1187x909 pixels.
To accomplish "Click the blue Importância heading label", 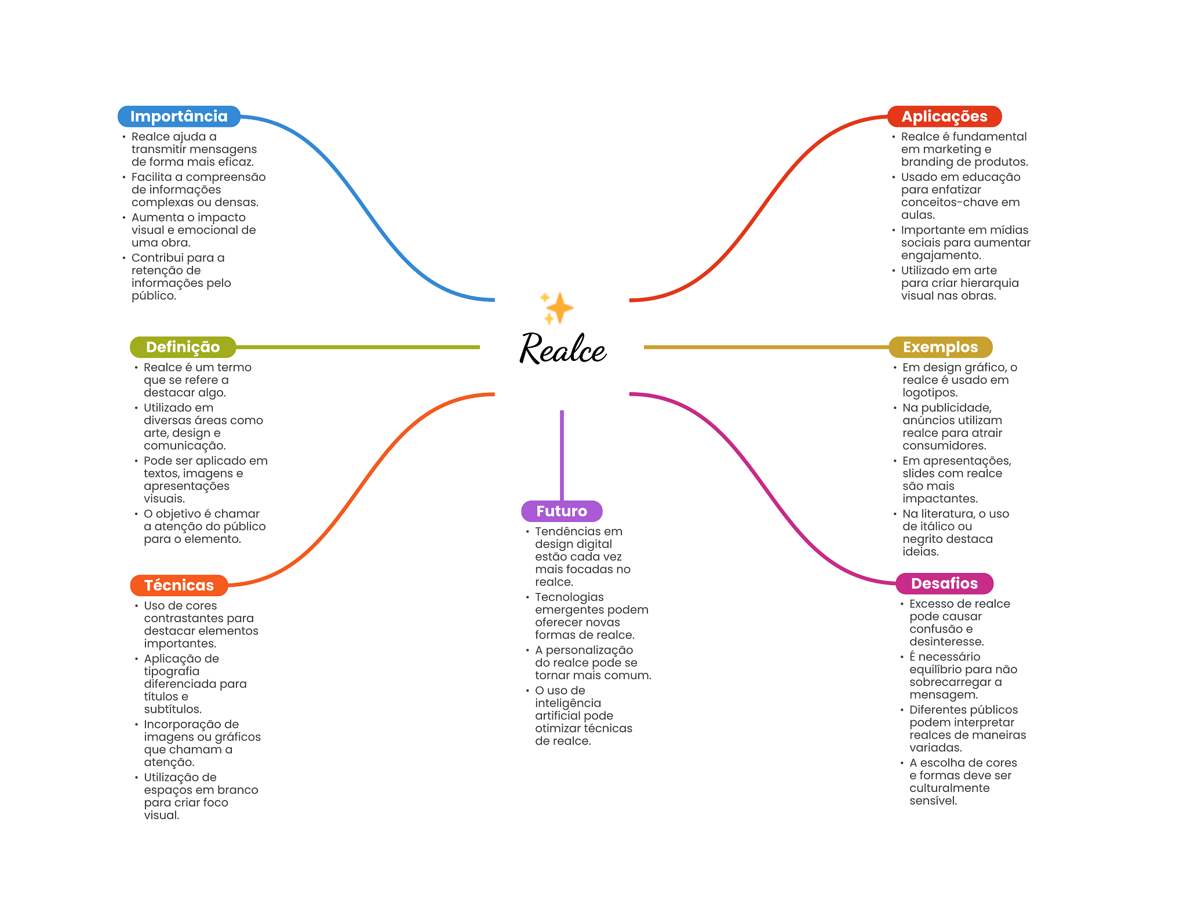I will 179,116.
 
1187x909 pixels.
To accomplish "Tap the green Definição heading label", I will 183,347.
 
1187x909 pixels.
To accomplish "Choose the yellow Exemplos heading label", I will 940,347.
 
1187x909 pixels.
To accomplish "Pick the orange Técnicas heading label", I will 179,585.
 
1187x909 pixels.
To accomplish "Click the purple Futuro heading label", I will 561,511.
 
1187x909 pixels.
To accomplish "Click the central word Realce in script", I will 562,349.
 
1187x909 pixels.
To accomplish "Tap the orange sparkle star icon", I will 558,308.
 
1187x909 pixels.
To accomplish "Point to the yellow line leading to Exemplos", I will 766,347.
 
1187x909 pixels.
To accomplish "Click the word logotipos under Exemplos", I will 929,393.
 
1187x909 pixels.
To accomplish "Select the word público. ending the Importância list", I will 153,296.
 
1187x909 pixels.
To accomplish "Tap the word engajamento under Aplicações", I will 940,255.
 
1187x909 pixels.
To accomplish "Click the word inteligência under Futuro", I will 567,703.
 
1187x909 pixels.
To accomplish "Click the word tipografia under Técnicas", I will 172,671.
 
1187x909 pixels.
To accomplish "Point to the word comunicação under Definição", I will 184,446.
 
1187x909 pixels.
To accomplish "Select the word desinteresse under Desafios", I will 946,642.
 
